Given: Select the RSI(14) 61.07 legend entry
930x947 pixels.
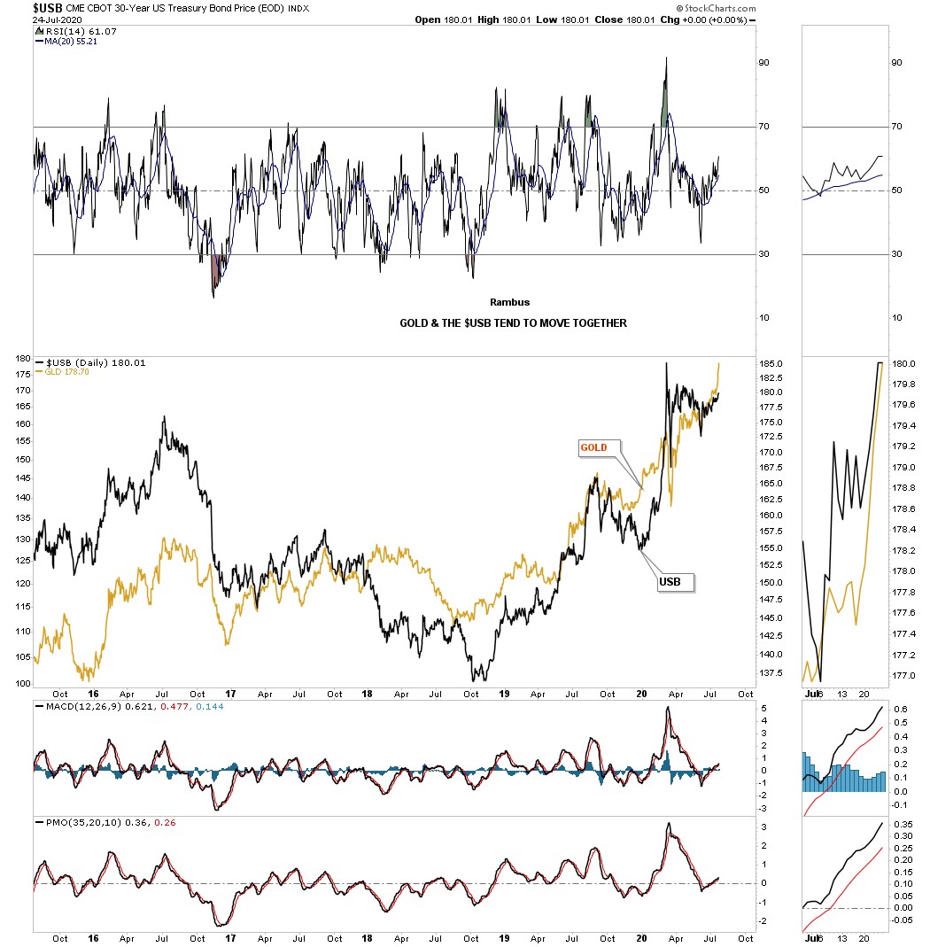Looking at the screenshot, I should point(67,32).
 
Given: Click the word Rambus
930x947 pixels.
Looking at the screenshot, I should point(509,302).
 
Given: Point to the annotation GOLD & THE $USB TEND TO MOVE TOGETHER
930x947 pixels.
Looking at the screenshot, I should point(513,323).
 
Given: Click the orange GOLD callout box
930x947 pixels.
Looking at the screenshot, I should point(593,447).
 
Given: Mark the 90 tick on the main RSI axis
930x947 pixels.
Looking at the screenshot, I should point(762,63).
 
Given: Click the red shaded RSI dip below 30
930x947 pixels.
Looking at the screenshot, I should point(214,273).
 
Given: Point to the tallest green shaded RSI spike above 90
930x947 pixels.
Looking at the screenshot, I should point(665,93).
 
